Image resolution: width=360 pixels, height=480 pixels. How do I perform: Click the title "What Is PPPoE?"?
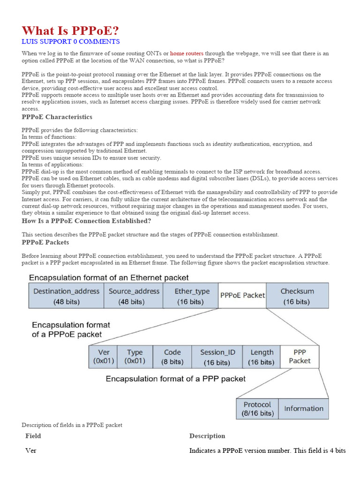pyautogui.click(x=70, y=30)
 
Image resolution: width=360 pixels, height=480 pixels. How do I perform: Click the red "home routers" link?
pyautogui.click(x=187, y=53)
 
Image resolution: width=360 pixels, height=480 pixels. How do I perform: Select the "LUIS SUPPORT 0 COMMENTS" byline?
pyautogui.click(x=70, y=42)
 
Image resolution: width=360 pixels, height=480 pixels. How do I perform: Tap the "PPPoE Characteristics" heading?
pyautogui.click(x=57, y=117)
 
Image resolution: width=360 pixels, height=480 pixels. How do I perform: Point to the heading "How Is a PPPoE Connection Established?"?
pyautogui.click(x=86, y=221)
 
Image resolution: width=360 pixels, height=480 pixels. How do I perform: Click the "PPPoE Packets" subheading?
pyautogui.click(x=45, y=242)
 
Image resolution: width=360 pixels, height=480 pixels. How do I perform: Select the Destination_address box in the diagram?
pyautogui.click(x=66, y=296)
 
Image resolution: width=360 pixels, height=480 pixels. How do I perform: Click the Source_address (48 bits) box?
pyautogui.click(x=134, y=296)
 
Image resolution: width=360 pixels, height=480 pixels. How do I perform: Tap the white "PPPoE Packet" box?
pyautogui.click(x=242, y=295)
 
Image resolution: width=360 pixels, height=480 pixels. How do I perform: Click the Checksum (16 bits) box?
pyautogui.click(x=297, y=296)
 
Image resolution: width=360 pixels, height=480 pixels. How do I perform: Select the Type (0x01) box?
pyautogui.click(x=135, y=357)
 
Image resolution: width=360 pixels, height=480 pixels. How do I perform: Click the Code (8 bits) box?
pyautogui.click(x=173, y=357)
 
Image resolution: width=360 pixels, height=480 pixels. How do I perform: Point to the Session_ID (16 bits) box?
pyautogui.click(x=217, y=357)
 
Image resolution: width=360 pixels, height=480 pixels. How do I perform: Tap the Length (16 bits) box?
pyautogui.click(x=262, y=357)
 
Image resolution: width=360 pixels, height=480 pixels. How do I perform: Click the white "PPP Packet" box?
pyautogui.click(x=300, y=357)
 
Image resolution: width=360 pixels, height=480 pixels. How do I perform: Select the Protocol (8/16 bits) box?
pyautogui.click(x=257, y=408)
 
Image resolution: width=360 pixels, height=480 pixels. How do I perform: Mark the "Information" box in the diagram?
pyautogui.click(x=303, y=408)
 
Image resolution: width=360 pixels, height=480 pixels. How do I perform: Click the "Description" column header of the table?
pyautogui.click(x=207, y=436)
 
